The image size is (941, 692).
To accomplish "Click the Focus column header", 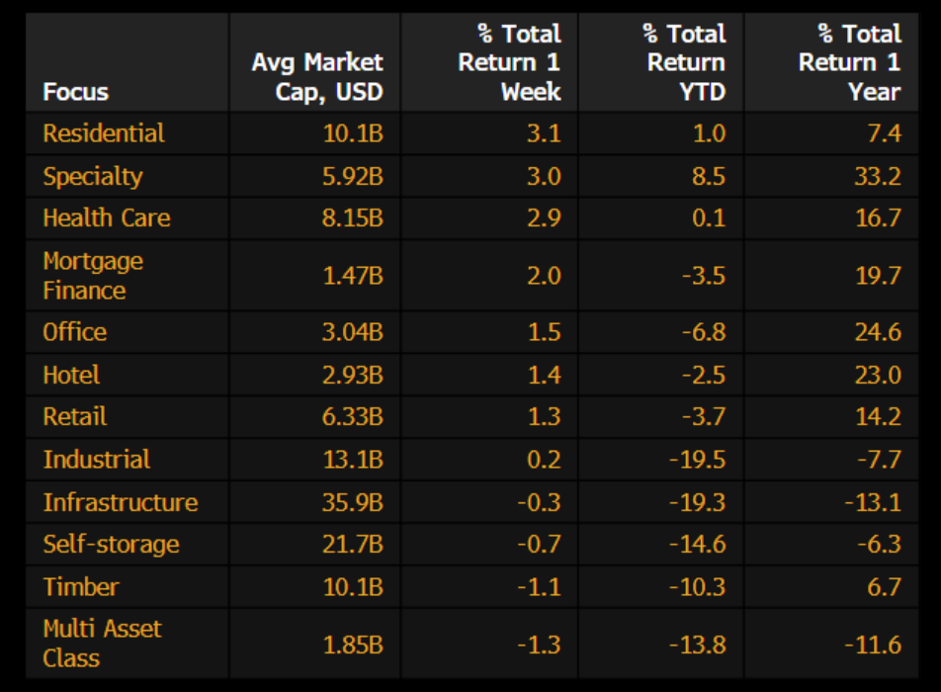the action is point(75,92).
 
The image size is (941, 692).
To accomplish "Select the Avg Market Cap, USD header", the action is point(317,77).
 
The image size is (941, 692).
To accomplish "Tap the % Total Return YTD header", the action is point(684,62).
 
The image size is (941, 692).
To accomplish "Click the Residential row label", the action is point(103,133).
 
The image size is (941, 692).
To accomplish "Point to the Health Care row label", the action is point(106,217).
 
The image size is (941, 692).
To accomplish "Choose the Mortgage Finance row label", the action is point(93,276).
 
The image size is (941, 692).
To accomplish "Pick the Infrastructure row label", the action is point(120,502).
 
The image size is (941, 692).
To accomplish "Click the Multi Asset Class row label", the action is point(102,644).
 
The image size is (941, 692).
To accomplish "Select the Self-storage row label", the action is point(111,545).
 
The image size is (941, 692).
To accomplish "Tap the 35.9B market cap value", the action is point(352,502).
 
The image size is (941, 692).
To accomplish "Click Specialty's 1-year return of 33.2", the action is point(878,176).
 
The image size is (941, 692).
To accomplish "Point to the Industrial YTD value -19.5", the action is point(698,460).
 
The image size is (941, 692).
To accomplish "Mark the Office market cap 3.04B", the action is point(352,332).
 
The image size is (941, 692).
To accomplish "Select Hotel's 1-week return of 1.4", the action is point(545,375).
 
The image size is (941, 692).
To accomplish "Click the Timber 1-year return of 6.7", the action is point(884,587).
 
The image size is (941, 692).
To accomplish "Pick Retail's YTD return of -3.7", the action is point(704,416).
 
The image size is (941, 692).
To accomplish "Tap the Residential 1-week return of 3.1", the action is point(545,133).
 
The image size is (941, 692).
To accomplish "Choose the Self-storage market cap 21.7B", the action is point(352,545).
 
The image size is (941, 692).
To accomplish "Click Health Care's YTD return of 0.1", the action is point(709,217).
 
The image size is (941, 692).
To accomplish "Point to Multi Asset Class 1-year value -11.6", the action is point(873,646).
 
